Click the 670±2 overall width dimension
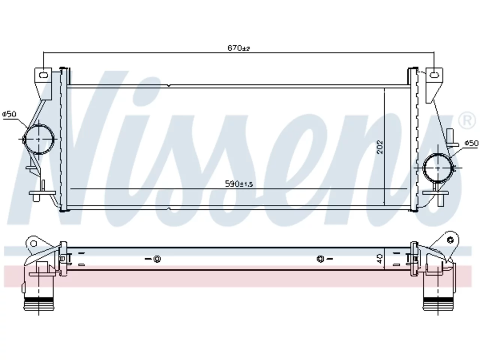pyautogui.click(x=238, y=48)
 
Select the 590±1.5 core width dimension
pyautogui.click(x=239, y=184)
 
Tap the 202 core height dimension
pyautogui.click(x=380, y=147)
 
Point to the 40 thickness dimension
pyautogui.click(x=379, y=259)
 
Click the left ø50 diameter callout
pyautogui.click(x=9, y=114)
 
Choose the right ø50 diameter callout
pyautogui.click(x=471, y=143)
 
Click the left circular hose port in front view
pyautogui.click(x=39, y=139)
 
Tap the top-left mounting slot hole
pyautogui.click(x=43, y=75)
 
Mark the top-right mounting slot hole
pyautogui.click(x=434, y=75)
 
